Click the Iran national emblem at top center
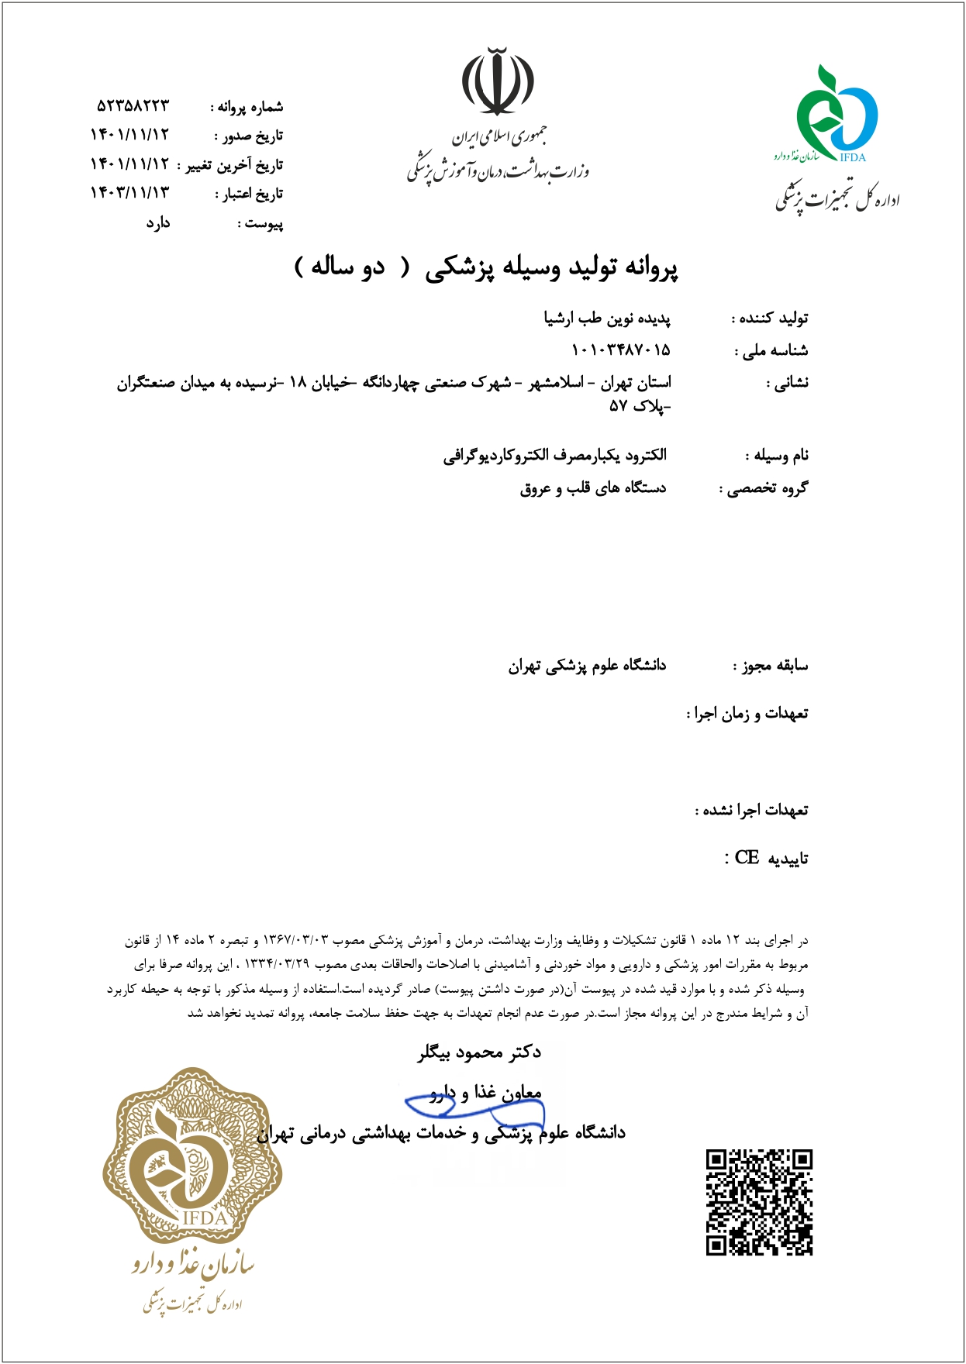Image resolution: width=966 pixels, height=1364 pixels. click(x=498, y=81)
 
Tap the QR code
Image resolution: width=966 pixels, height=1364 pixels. click(x=759, y=1202)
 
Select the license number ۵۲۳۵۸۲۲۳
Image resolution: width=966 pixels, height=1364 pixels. click(x=133, y=105)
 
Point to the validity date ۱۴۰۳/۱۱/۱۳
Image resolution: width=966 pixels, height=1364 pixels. click(x=129, y=192)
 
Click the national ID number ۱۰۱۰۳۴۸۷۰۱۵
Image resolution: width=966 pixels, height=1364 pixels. click(x=620, y=350)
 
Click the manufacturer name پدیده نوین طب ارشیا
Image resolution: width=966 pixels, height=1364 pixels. click(x=607, y=319)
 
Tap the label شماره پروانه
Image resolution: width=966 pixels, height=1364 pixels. click(x=250, y=107)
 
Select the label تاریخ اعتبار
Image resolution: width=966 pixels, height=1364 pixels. click(x=250, y=194)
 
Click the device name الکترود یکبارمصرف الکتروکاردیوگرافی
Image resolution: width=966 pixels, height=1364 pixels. click(x=555, y=455)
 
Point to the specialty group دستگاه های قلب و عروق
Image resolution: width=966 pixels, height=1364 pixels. click(x=593, y=488)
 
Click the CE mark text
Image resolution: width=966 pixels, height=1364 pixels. click(x=747, y=858)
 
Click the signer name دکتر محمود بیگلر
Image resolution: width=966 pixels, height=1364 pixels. click(x=479, y=1052)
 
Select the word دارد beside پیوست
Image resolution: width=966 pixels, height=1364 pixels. click(x=157, y=223)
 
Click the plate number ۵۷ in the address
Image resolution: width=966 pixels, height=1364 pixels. click(x=618, y=405)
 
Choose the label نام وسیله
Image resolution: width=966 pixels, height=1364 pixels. click(x=777, y=456)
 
